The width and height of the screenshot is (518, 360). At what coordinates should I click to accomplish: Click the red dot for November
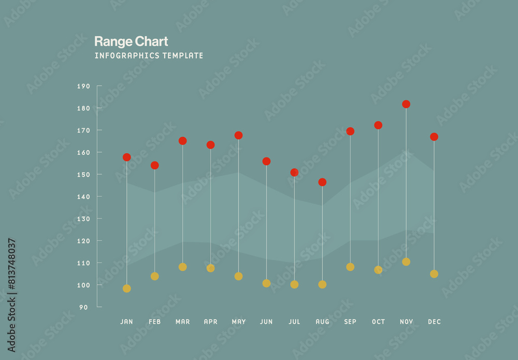coord(406,104)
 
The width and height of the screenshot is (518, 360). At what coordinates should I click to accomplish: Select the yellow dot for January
coord(127,289)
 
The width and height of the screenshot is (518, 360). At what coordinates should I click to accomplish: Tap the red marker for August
coord(322,182)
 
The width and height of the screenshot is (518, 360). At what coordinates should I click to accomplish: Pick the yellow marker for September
coord(350,267)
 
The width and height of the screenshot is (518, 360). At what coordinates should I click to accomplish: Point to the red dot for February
coord(154,165)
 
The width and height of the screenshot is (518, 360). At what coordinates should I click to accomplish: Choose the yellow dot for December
coord(434,273)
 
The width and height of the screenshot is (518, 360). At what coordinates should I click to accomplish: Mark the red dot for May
coord(238,135)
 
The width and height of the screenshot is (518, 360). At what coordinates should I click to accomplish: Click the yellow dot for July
coord(294,284)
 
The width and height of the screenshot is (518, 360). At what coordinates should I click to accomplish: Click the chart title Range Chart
coord(131,41)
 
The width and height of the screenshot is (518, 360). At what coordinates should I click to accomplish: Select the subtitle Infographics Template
coord(149,55)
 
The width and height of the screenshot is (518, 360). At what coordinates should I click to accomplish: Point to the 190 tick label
coord(83,86)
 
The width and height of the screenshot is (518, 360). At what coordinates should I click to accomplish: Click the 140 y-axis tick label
coord(83,197)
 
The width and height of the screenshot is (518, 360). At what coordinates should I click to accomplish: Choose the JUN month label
coord(266,322)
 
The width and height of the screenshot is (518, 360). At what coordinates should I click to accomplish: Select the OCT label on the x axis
coord(378,322)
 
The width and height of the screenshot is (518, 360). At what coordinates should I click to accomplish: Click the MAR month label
coord(182,322)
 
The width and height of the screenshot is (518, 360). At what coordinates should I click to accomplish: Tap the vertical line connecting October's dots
coord(378,197)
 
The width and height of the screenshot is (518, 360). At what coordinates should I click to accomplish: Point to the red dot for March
coord(182,141)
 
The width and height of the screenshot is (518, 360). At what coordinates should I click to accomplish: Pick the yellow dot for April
coord(210,268)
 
